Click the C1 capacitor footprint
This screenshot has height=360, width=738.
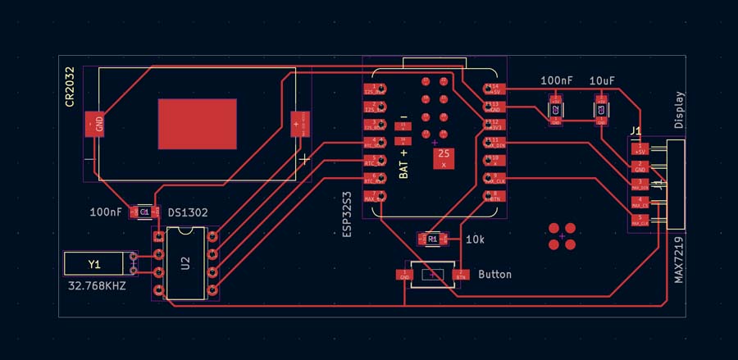coord(143,212)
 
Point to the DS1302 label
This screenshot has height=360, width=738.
coord(188,212)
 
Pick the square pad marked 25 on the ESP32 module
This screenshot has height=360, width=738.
coord(444,157)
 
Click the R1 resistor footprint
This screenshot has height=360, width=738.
coord(432,239)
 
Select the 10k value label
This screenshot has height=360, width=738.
coord(475,239)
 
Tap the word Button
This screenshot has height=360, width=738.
coord(494,274)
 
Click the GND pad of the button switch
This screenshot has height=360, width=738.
coord(403,275)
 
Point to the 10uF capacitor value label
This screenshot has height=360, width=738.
coord(603,81)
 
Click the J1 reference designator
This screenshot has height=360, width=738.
coord(635,131)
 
